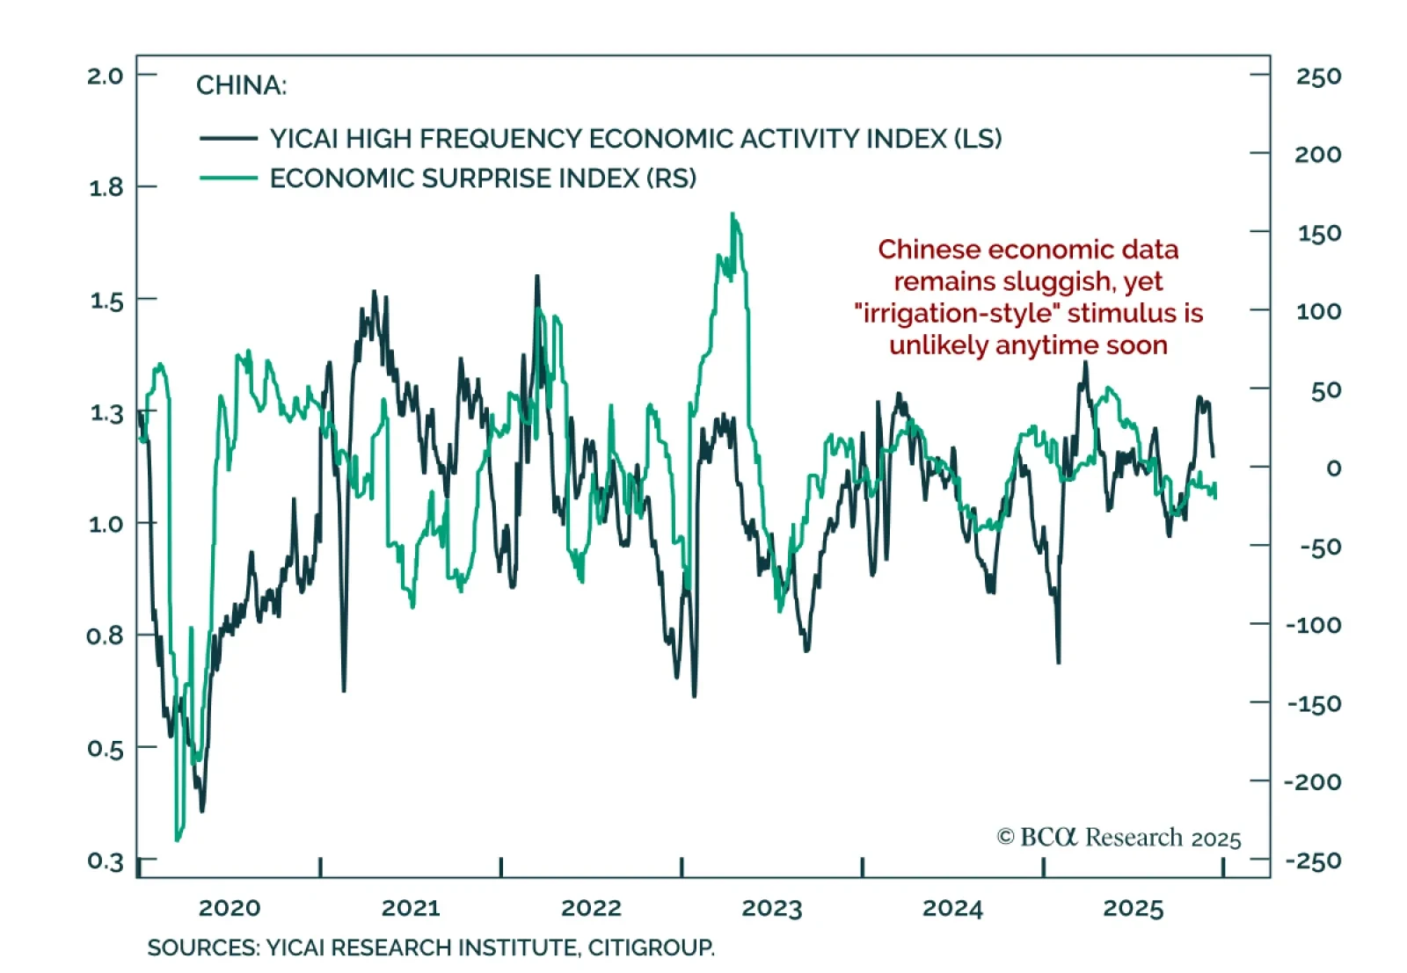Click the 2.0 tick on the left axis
pos(105,76)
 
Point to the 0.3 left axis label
pos(105,860)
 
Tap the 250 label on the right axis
pos(1318,76)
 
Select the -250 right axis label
pos(1313,860)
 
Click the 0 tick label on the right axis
pos(1333,468)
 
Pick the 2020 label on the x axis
pos(230,908)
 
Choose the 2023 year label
pos(772,908)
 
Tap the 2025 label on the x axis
pos(1134,908)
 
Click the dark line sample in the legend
pos(229,139)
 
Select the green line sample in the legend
pos(229,178)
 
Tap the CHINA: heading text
pos(241,85)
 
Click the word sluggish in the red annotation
pos(1063,282)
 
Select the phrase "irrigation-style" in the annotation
pos(957,314)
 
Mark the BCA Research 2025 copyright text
pos(1119,838)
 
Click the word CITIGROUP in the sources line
pos(651,948)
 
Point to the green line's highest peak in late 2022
pos(733,215)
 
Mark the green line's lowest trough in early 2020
pos(178,839)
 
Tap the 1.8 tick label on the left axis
pos(106,187)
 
